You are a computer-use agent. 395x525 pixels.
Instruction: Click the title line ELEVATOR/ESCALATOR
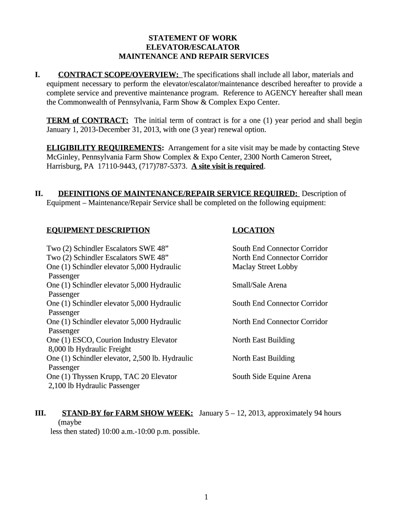click(193, 47)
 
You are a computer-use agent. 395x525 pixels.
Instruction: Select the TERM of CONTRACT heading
click(87, 120)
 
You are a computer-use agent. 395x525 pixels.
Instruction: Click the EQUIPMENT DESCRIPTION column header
click(98, 230)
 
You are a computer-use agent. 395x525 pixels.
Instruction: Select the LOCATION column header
click(253, 230)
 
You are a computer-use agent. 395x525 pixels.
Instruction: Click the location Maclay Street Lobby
click(265, 267)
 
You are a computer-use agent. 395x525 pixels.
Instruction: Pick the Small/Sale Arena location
click(260, 285)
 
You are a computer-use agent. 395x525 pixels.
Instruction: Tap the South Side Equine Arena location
click(271, 376)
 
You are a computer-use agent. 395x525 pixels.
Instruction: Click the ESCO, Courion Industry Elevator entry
click(112, 340)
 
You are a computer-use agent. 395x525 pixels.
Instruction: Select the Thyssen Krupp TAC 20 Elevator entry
click(112, 376)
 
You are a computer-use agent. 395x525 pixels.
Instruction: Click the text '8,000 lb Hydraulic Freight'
click(90, 349)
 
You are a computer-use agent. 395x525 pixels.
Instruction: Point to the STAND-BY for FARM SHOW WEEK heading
click(127, 413)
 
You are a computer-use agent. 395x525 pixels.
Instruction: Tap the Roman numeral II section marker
click(38, 193)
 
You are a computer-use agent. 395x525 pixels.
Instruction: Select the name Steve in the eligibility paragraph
click(350, 148)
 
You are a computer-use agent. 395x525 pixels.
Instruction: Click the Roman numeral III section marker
click(40, 413)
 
